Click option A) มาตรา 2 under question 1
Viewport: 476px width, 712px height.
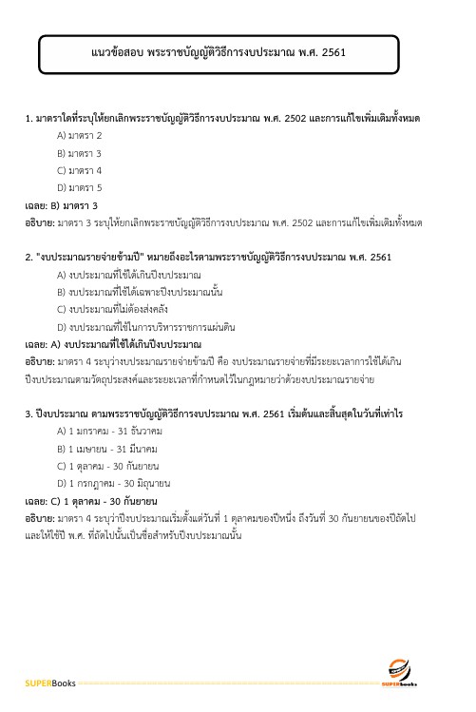80,135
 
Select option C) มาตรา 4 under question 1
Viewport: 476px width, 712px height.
80,170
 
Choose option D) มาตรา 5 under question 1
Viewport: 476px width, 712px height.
80,187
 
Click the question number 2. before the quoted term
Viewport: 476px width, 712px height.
29,257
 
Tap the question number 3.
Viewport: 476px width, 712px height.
29,414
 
